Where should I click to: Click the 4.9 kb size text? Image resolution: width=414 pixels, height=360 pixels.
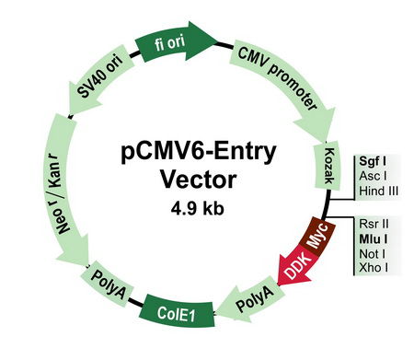tap(199, 208)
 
